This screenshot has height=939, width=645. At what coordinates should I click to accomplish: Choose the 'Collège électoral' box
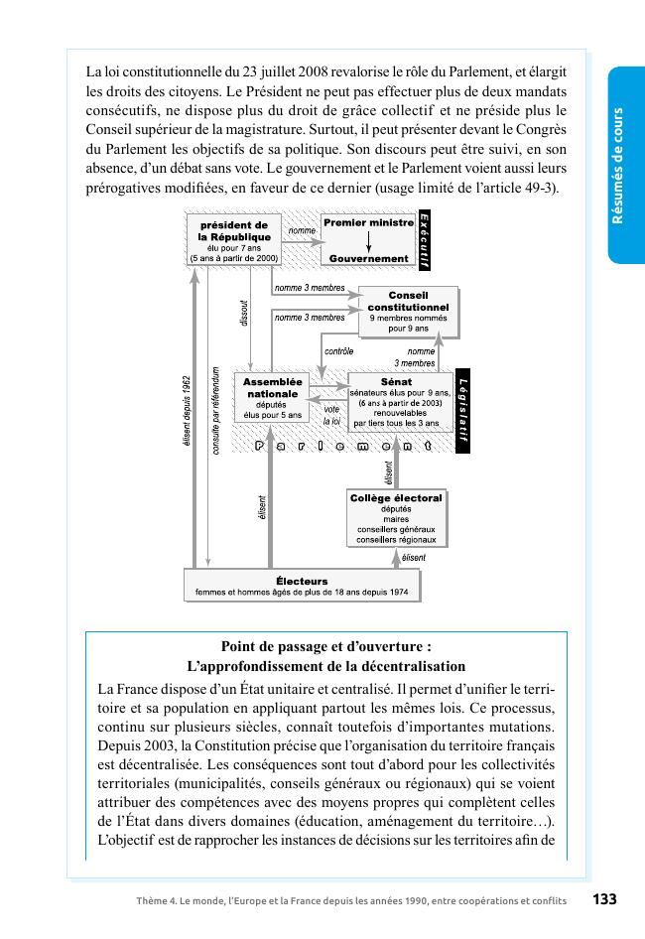tap(396, 517)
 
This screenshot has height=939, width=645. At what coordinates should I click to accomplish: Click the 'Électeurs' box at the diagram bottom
tap(302, 586)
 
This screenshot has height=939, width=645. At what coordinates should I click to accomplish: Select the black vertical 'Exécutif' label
tap(423, 239)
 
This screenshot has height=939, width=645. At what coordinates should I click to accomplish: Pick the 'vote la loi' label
tap(330, 415)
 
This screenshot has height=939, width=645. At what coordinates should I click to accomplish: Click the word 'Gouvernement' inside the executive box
tap(368, 258)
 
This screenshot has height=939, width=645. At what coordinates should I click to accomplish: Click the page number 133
tap(604, 899)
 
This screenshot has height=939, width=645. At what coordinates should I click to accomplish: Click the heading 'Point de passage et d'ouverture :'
tap(325, 645)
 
